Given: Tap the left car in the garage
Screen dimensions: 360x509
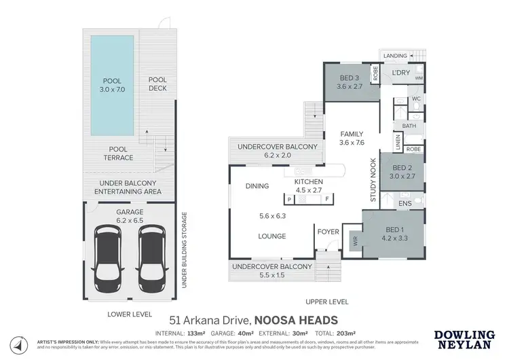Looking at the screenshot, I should point(107,250).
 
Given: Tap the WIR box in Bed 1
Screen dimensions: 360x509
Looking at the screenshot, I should point(354,240).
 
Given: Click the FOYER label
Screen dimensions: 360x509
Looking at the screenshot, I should point(328,232).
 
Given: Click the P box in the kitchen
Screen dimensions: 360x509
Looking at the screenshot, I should point(290,199).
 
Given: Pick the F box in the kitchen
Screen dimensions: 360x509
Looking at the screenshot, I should point(326,199).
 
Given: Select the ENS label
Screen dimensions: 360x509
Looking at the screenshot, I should point(405,203).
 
